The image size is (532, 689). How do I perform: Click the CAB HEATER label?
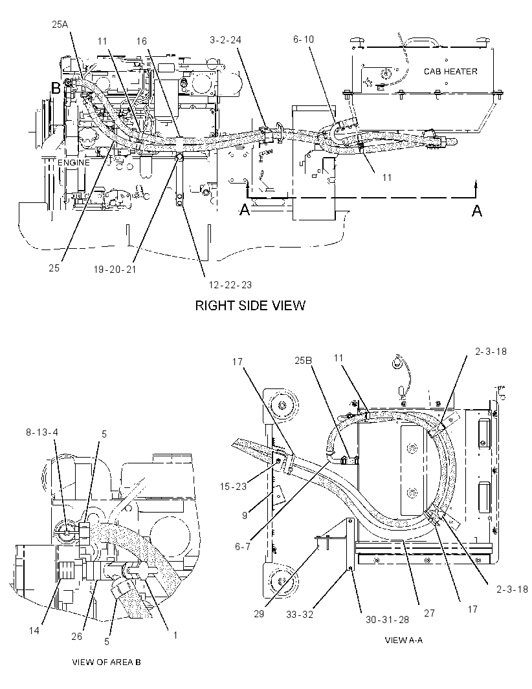(x=450, y=71)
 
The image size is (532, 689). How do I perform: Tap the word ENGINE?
(x=74, y=163)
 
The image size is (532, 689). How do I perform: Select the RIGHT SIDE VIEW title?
(x=250, y=305)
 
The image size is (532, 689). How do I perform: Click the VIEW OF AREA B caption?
(x=107, y=662)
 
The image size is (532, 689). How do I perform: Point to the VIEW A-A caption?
(x=403, y=640)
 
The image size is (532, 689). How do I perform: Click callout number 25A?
(x=60, y=25)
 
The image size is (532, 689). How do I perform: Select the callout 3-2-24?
(x=226, y=40)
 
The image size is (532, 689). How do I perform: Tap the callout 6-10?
(x=304, y=39)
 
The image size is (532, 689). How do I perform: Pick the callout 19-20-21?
(x=115, y=269)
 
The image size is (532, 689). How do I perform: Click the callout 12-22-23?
(x=230, y=285)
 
